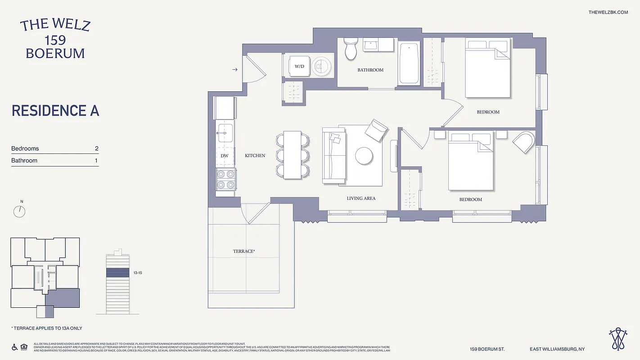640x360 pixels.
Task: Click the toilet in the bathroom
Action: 351,48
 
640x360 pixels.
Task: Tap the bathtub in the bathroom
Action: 409,63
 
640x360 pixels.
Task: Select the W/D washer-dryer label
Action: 299,66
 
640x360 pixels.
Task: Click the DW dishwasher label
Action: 225,156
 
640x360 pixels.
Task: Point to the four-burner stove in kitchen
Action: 225,179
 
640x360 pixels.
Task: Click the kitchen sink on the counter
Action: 225,131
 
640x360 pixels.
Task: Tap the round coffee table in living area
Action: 364,156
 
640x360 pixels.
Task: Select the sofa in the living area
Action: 334,155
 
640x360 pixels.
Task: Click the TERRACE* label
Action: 243,251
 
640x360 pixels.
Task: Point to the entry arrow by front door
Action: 235,70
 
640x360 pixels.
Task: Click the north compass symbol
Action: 19,211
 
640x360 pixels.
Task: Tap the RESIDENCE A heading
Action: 55,111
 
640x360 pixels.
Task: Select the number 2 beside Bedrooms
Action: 96,148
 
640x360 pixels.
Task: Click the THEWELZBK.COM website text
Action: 608,12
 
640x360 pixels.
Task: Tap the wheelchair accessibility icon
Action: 14,346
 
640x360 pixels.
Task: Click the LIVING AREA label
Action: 361,198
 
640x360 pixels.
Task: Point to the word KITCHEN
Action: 255,156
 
